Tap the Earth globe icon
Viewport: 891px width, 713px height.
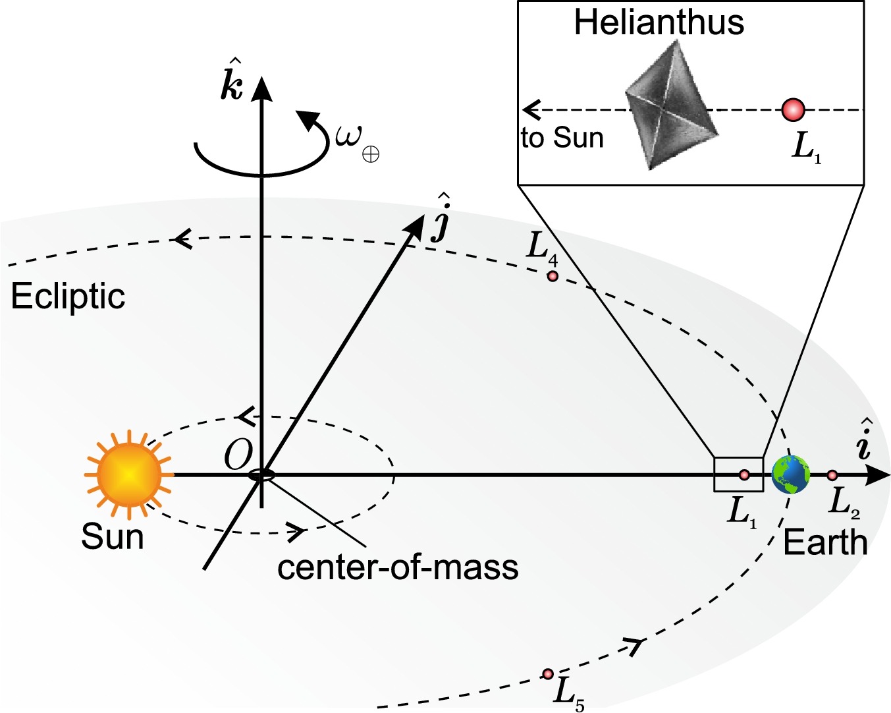coord(791,474)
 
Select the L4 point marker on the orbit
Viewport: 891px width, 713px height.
coord(553,276)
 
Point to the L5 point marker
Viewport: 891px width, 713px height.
coord(548,673)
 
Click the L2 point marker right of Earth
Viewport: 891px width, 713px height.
coord(832,475)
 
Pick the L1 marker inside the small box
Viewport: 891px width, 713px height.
coord(744,474)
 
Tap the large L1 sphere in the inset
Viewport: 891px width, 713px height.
coord(794,109)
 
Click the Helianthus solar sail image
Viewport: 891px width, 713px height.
coord(670,106)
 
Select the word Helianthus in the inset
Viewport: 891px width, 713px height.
coord(659,22)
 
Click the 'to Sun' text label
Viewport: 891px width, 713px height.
coord(562,138)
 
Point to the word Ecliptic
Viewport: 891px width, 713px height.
coord(68,296)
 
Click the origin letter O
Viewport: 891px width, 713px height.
coord(238,455)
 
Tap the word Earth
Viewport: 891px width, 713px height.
coord(825,542)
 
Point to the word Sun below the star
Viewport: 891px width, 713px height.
coord(112,536)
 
